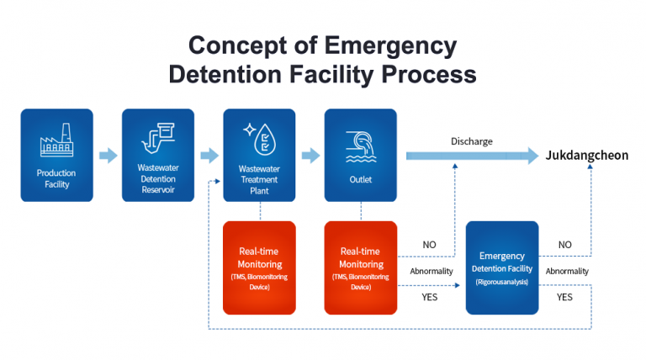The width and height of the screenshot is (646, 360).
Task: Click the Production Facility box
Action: pyautogui.click(x=56, y=155)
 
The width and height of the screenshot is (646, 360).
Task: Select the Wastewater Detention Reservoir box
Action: pyautogui.click(x=158, y=155)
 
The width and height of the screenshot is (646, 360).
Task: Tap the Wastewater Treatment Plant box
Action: pyautogui.click(x=259, y=155)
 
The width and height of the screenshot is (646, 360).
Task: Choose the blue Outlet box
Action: pyautogui.click(x=360, y=155)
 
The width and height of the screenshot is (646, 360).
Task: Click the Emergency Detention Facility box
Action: pyautogui.click(x=501, y=267)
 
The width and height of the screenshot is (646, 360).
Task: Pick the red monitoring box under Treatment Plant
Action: pyautogui.click(x=259, y=267)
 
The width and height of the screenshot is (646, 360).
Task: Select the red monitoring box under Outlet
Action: pyautogui.click(x=360, y=267)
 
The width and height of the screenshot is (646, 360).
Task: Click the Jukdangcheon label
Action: pyautogui.click(x=586, y=156)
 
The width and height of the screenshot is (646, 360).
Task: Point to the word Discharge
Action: pyautogui.click(x=471, y=140)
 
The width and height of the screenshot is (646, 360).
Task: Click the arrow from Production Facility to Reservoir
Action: pyautogui.click(x=108, y=156)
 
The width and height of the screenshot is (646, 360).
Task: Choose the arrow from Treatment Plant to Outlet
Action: pyautogui.click(x=310, y=156)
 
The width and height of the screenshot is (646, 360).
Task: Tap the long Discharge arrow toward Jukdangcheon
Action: pyautogui.click(x=471, y=156)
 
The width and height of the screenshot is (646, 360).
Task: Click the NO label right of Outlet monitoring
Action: pyautogui.click(x=429, y=245)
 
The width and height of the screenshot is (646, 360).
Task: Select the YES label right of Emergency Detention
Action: pyautogui.click(x=564, y=297)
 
